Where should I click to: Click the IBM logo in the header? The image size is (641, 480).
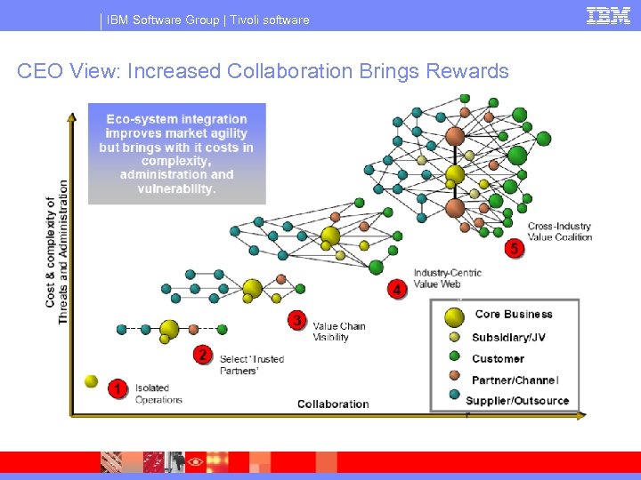click(609, 15)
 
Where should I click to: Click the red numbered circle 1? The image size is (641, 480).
click(118, 388)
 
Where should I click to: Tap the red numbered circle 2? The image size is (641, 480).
click(203, 356)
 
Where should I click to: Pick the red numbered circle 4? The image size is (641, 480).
click(397, 289)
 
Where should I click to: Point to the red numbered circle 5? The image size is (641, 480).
click(514, 249)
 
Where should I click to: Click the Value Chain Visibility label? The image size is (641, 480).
click(338, 332)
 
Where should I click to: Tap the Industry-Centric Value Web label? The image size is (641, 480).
click(447, 277)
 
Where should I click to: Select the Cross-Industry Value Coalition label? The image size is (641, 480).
click(559, 232)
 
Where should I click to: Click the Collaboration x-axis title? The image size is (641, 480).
click(333, 404)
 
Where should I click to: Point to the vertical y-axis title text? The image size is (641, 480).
click(57, 252)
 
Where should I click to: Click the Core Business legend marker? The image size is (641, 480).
click(454, 316)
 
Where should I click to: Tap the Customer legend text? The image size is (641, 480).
click(498, 359)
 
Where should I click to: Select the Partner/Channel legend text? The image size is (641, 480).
click(515, 380)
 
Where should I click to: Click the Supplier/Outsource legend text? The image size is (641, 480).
click(517, 401)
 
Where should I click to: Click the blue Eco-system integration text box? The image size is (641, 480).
click(176, 154)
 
